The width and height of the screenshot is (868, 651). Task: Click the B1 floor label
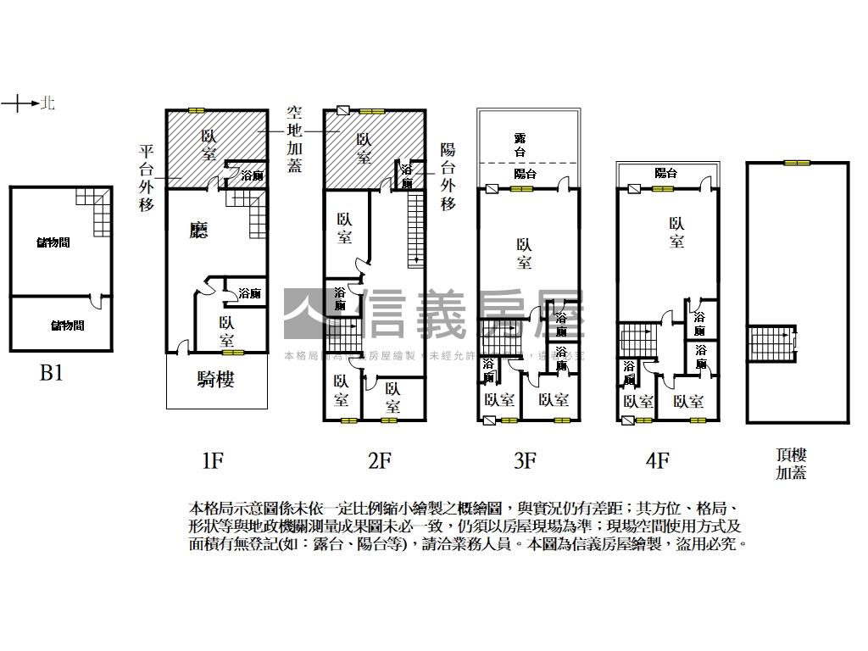pos(52,373)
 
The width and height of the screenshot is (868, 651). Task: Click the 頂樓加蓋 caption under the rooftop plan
pos(791,465)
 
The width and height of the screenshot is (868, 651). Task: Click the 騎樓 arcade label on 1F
pos(215,380)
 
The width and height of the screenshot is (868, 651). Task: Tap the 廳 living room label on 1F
pos(198,231)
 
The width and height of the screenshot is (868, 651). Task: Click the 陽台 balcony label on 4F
pos(666,173)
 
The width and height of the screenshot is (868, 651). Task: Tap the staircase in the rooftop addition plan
pos(771,342)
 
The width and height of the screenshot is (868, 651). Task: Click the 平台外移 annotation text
pos(147,178)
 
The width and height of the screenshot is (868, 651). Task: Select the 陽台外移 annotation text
pos(448,176)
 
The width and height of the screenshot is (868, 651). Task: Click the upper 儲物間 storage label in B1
pos(53,243)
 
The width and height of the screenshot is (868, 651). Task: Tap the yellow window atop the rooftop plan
pos(796,163)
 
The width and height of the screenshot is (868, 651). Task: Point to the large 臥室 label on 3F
pos(524,253)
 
